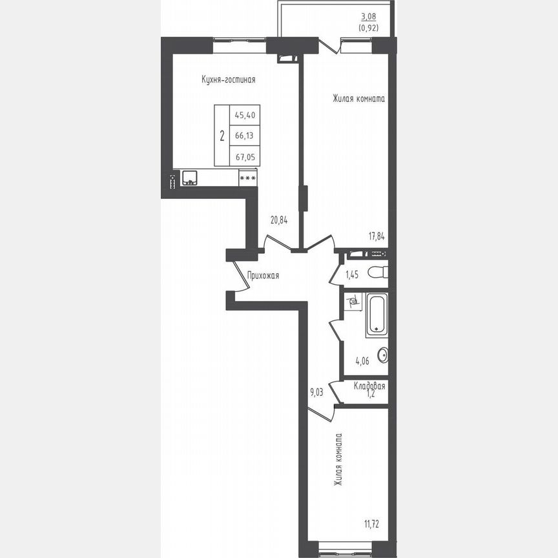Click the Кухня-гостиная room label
229,80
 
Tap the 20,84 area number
279,220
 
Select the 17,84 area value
377,236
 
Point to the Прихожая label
263,276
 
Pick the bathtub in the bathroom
377,315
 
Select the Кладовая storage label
369,386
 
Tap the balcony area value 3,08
368,18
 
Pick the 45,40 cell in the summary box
245,115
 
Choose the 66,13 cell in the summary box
245,136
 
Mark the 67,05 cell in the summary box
245,156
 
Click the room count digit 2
222,136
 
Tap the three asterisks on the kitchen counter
247,178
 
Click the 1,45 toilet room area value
352,275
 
